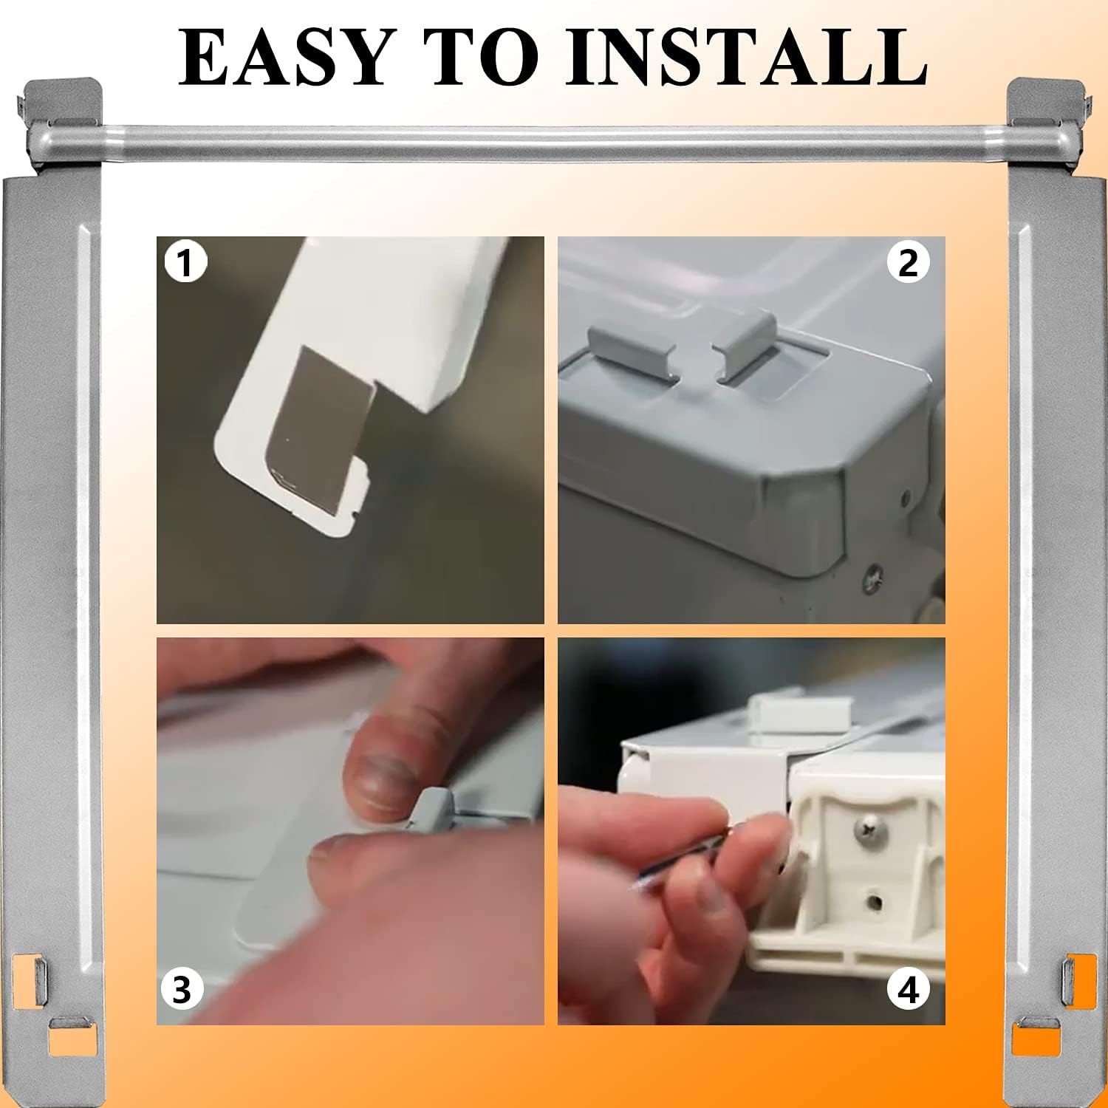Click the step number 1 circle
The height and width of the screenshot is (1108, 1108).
(x=185, y=263)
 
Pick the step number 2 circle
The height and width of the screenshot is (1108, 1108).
(x=908, y=263)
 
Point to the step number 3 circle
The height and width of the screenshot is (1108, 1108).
(x=182, y=989)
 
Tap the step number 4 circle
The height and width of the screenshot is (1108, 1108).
(x=908, y=989)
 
